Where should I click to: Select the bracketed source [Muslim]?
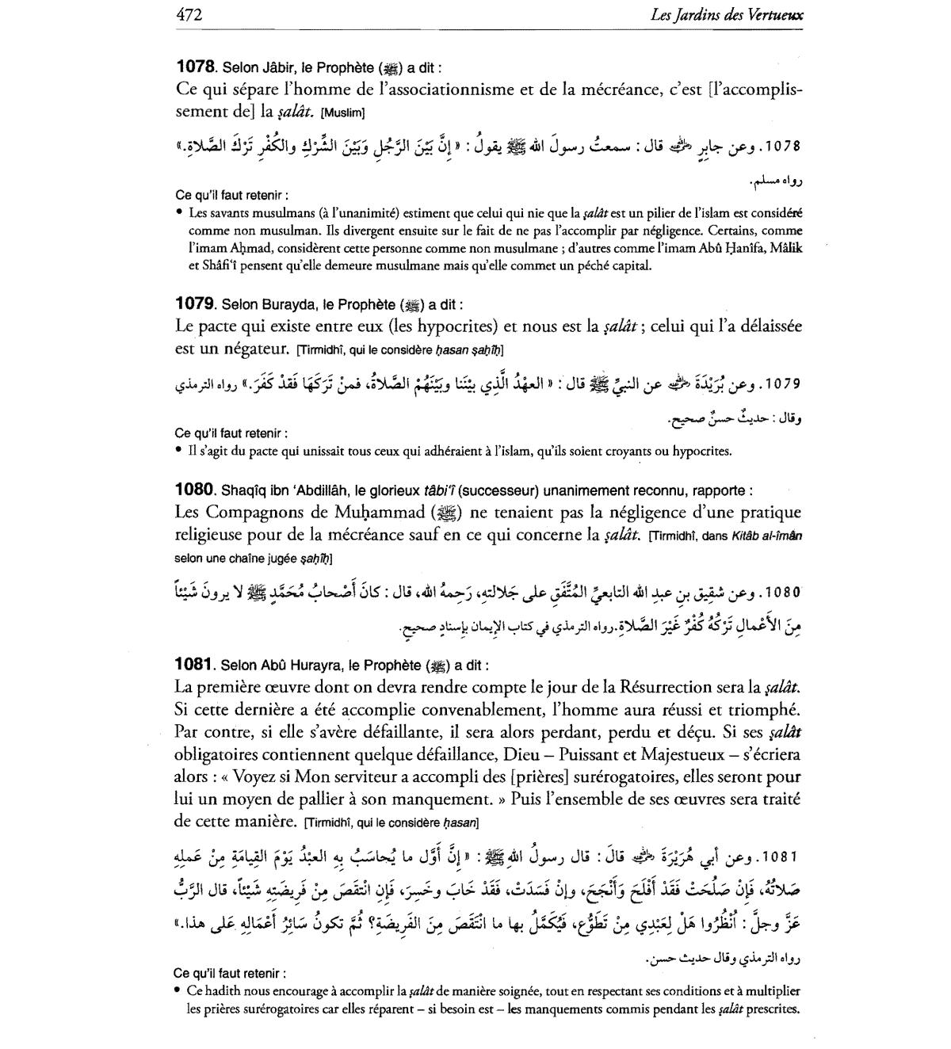(x=342, y=113)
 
